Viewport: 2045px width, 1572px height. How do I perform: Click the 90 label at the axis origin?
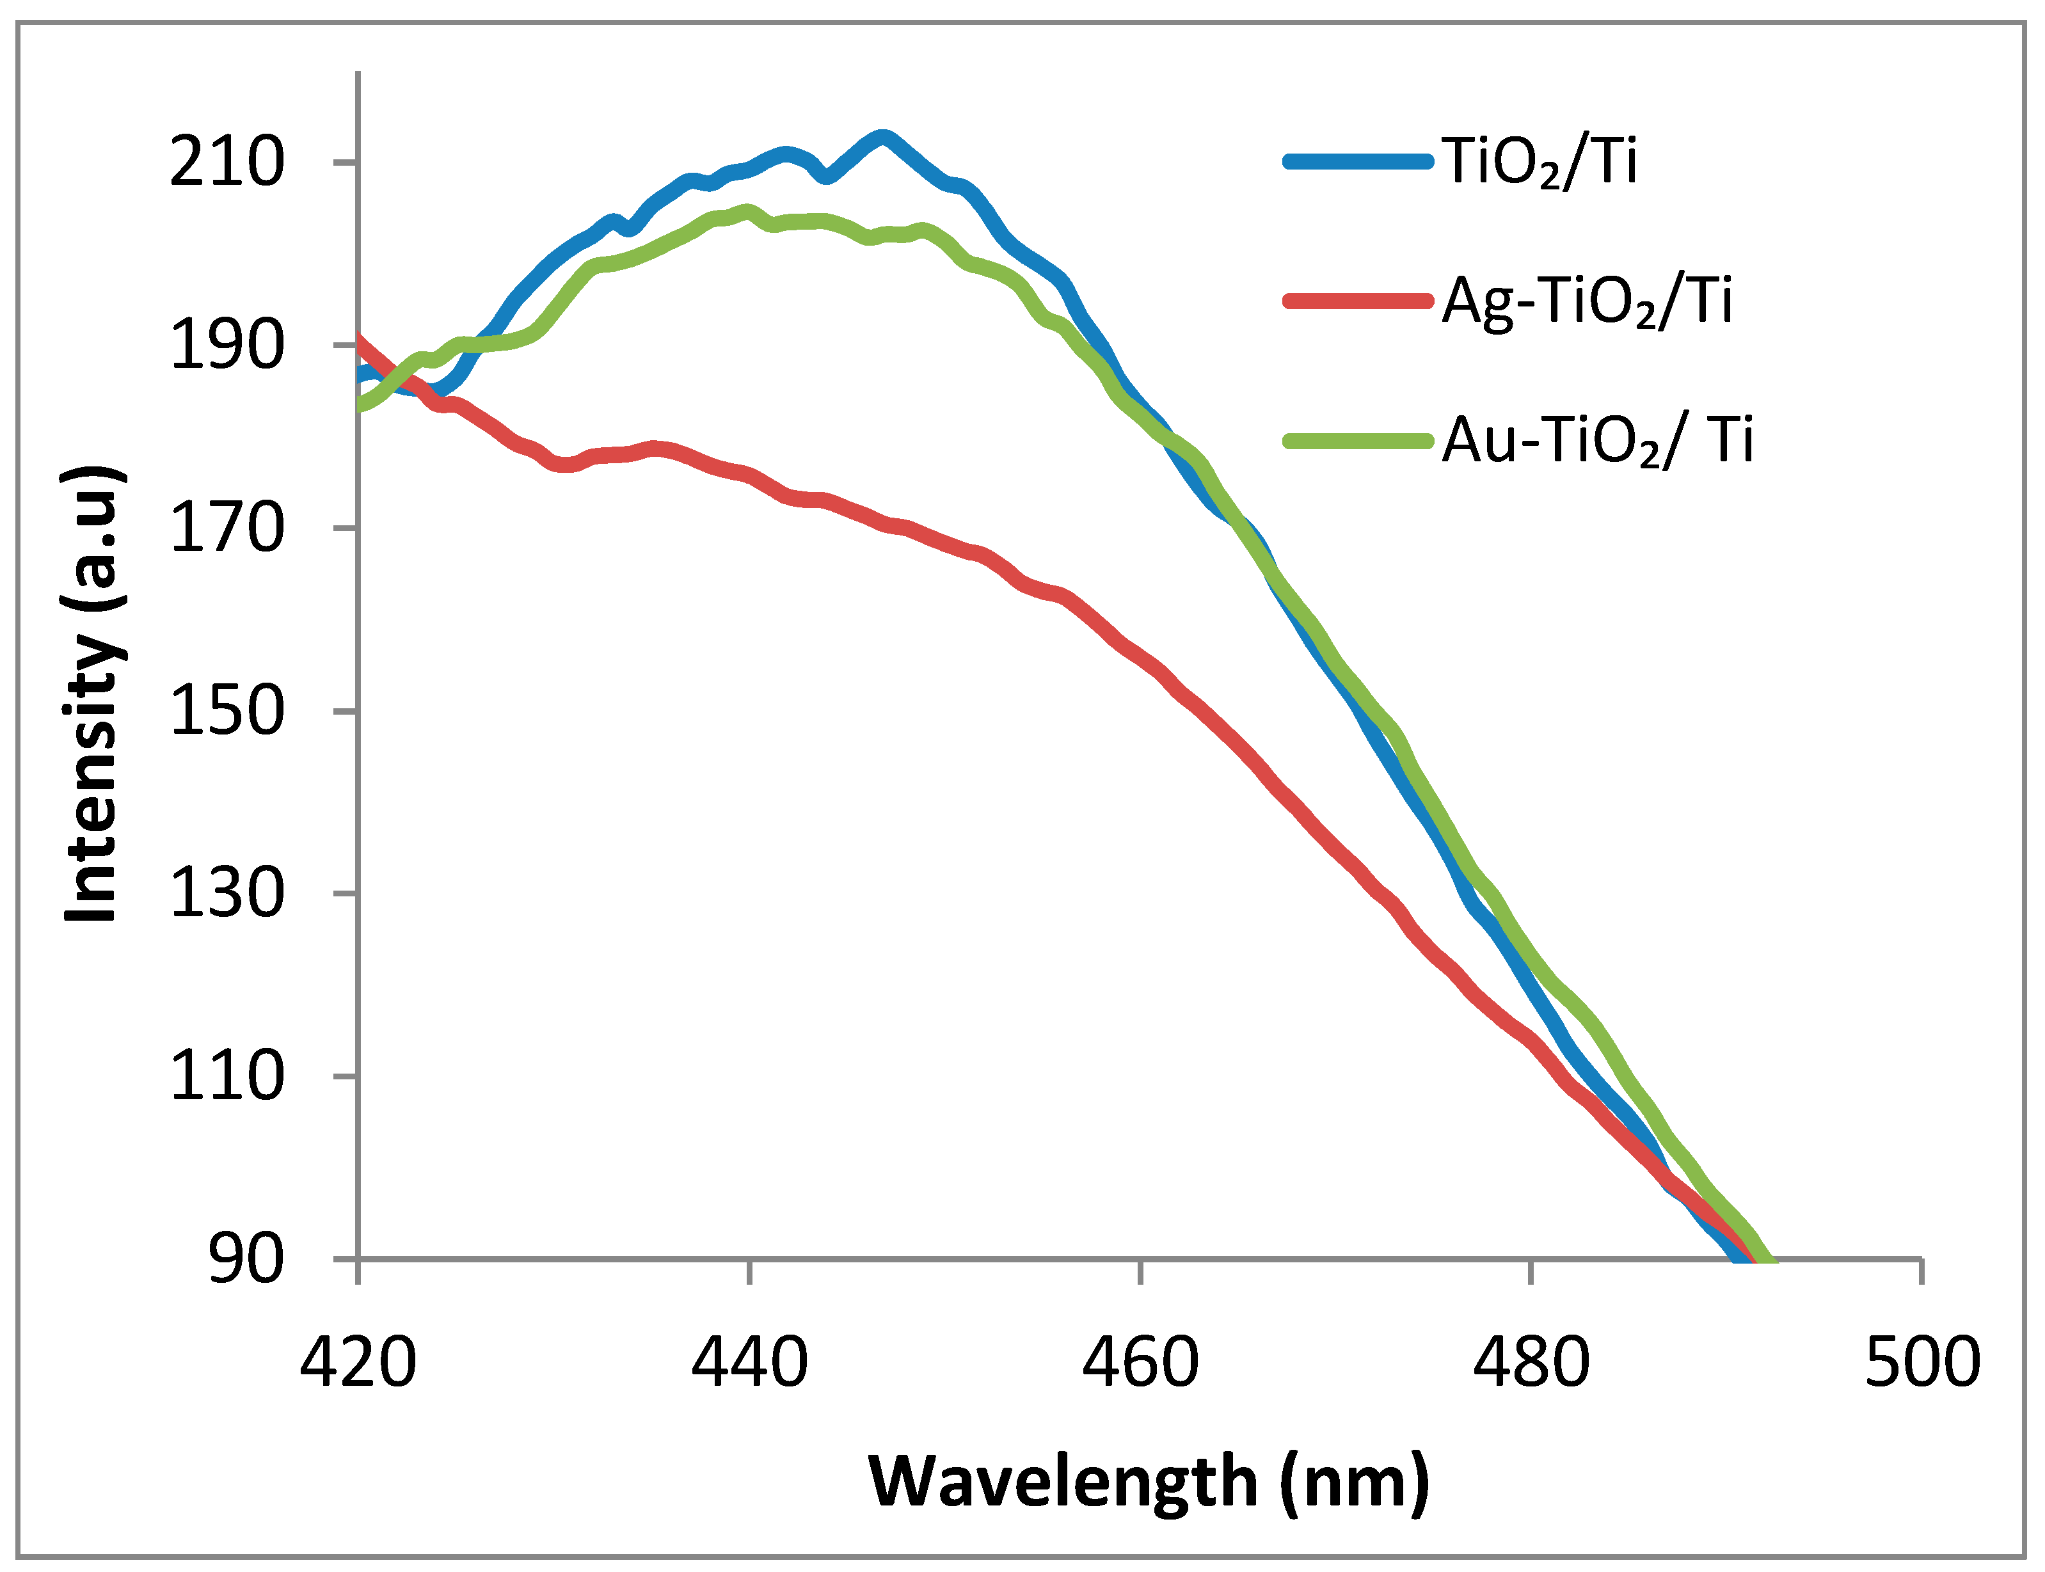(245, 1258)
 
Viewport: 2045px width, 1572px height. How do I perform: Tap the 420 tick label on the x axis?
(358, 1362)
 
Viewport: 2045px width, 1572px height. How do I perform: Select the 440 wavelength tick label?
(749, 1362)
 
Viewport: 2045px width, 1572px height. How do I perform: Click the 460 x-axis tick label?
(1140, 1362)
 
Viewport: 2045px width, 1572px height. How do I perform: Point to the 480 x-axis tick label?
(1531, 1362)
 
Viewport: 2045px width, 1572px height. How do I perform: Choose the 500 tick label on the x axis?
(1922, 1362)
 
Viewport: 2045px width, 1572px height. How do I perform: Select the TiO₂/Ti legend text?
(1540, 163)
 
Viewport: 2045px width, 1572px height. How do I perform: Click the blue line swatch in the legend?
(1358, 162)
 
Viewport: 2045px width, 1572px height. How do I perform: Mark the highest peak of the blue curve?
(880, 138)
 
